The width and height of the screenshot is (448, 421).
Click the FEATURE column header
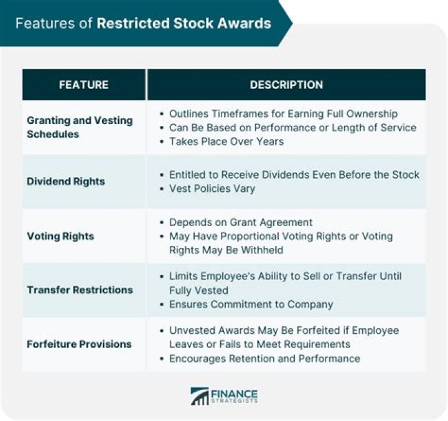click(83, 85)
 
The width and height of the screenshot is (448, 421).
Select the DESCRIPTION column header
click(286, 85)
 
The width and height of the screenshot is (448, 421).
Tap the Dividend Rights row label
click(66, 181)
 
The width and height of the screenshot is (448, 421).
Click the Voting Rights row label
click(60, 236)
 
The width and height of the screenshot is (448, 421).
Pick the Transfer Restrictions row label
click(80, 290)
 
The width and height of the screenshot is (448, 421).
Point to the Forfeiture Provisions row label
click(79, 344)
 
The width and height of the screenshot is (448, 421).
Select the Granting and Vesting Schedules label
click(80, 127)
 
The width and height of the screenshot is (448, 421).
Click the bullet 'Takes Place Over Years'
click(226, 141)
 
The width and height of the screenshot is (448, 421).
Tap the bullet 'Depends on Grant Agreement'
click(241, 222)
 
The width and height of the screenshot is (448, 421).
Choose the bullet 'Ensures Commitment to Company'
click(251, 305)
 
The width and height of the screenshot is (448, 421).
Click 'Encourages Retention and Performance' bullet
click(264, 358)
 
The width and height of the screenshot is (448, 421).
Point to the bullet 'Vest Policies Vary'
click(212, 188)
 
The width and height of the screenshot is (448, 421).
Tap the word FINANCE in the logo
click(235, 394)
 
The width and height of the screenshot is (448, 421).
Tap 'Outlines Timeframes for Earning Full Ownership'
click(283, 114)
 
